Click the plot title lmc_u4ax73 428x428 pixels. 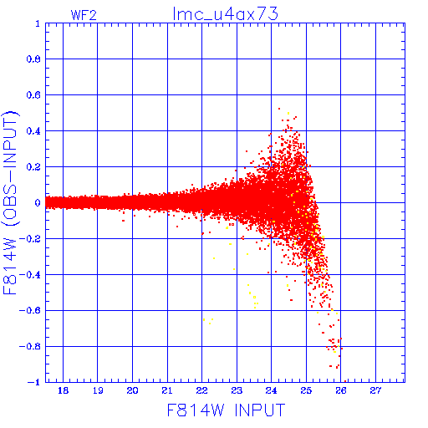[226, 14]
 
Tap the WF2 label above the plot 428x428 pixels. [84, 15]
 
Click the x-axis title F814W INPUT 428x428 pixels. [226, 410]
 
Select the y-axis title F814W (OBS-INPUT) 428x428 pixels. [10, 202]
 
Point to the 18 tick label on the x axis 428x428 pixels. [63, 390]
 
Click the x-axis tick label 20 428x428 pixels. [132, 390]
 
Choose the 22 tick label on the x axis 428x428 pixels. [201, 390]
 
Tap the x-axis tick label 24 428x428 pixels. [271, 390]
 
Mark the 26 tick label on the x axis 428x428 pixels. [341, 390]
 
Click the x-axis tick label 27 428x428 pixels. [375, 390]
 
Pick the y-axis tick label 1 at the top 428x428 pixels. [38, 23]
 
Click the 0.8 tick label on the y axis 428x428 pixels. [33, 59]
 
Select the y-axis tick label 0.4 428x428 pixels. [33, 131]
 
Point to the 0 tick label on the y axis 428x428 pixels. [38, 202]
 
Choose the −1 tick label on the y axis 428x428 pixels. [34, 382]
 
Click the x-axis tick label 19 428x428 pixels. [98, 390]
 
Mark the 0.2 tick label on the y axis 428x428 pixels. [33, 167]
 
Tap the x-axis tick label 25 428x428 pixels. [306, 390]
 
